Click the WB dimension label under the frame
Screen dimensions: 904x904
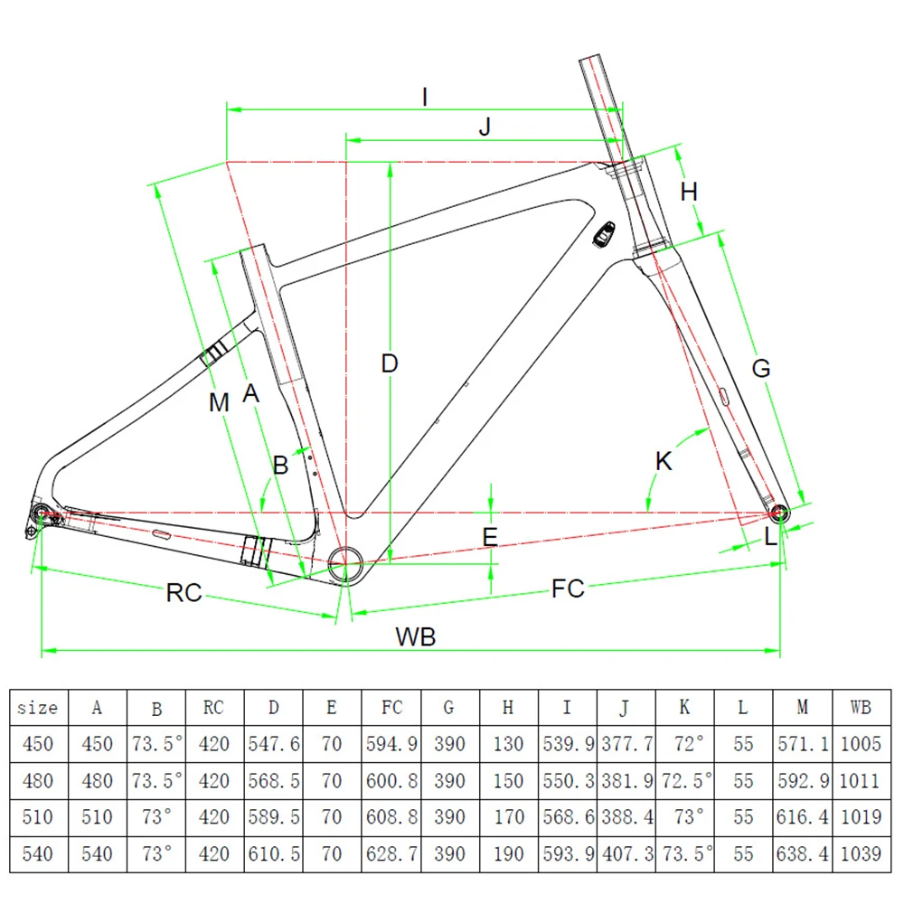[416, 636]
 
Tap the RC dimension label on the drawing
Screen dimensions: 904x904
[184, 593]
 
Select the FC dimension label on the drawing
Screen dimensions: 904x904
[569, 589]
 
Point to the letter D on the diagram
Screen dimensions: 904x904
[389, 363]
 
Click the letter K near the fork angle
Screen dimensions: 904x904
[664, 461]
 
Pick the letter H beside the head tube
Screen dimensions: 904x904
[690, 192]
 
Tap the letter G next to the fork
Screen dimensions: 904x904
[761, 368]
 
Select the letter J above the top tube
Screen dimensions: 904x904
[485, 127]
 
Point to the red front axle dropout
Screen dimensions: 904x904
[779, 515]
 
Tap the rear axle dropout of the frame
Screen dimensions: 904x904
[41, 515]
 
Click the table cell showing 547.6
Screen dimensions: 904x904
[273, 744]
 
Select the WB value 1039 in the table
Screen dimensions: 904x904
[861, 853]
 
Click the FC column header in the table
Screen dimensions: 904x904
[391, 708]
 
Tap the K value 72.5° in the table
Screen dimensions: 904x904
[684, 780]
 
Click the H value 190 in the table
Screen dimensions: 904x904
[509, 853]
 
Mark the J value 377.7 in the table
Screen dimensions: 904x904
[626, 744]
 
